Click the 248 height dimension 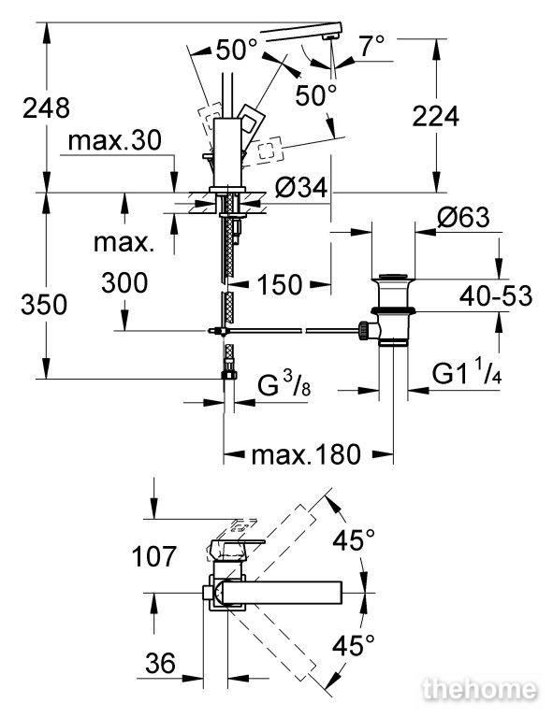(x=46, y=108)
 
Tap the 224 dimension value (x=435, y=116)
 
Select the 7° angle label (x=371, y=46)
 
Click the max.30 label (x=114, y=140)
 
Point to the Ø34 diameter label (x=302, y=188)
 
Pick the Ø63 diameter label (x=463, y=217)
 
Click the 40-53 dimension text (x=496, y=295)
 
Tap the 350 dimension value (x=44, y=305)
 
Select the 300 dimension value (x=124, y=282)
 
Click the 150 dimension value (x=280, y=285)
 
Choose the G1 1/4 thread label (x=466, y=373)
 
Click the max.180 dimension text (x=306, y=454)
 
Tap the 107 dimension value (x=154, y=556)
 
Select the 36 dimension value (x=160, y=663)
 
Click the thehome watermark (x=480, y=689)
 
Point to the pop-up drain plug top (x=393, y=277)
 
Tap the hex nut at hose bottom (x=228, y=375)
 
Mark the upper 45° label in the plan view (x=354, y=539)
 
